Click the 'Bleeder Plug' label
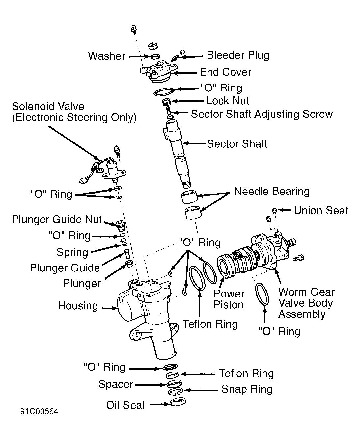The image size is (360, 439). coord(238,55)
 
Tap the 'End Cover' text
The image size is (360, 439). coord(225,72)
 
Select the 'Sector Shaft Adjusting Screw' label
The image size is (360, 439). coord(262,114)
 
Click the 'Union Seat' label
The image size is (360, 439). coord(321,211)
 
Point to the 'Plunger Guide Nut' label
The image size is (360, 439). coord(57,220)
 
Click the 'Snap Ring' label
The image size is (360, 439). coord(247,389)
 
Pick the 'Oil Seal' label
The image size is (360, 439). coord(125,405)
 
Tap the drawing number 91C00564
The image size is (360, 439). coord(39,412)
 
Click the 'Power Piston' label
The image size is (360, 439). coord(229,299)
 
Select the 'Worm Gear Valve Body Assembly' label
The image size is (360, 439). coord(306,303)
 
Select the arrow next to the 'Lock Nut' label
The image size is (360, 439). coord(188,101)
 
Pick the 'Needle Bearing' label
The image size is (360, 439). coord(272,191)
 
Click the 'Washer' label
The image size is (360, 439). coord(106,56)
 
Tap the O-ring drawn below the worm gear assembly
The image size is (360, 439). coord(263,294)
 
